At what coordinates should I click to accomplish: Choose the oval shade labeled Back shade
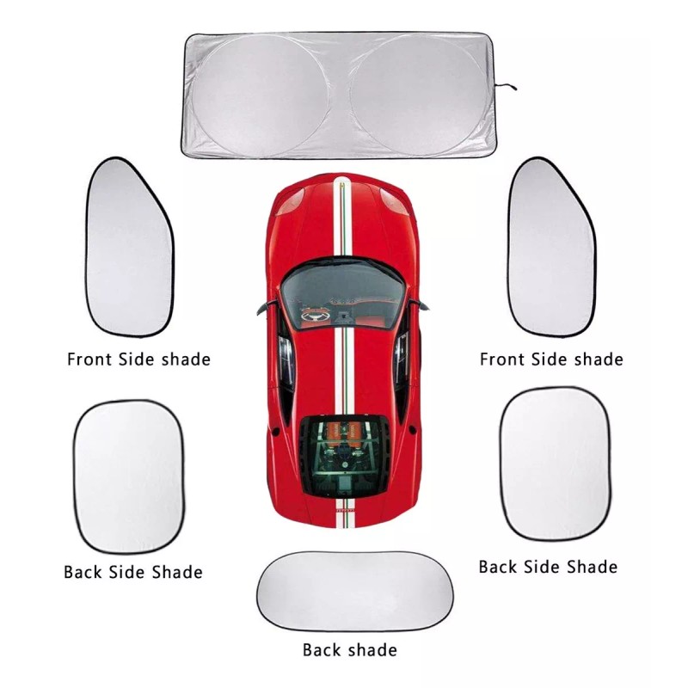355,591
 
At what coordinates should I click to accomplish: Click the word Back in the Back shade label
322,650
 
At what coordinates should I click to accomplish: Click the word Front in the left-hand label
89,359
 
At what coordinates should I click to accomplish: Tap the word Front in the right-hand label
501,359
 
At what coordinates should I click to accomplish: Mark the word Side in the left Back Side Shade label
127,572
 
